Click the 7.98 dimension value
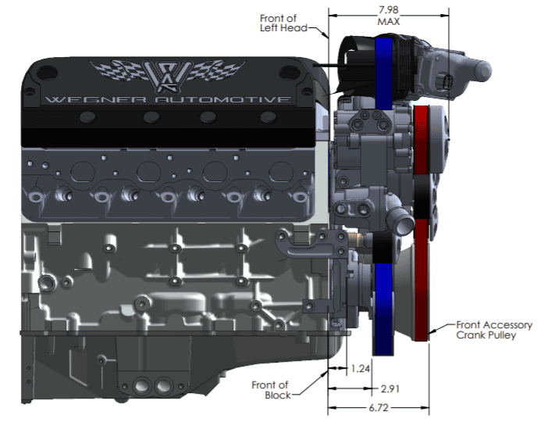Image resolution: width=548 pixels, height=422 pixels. coord(388,10)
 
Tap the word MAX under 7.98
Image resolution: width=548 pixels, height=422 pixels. coord(388,22)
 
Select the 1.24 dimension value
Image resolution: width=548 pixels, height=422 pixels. coord(360,368)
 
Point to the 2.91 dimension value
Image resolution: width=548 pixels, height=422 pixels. coord(390,388)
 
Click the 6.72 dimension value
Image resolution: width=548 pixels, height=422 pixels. coord(378,408)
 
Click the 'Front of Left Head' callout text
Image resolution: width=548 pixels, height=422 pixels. coord(283,23)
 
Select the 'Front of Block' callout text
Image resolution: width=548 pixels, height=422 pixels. coord(271,390)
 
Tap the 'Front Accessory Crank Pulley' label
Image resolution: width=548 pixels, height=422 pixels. coord(494,330)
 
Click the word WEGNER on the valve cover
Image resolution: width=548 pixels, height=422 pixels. coord(95,100)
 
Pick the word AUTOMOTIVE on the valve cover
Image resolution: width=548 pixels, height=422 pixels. coord(223,100)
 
